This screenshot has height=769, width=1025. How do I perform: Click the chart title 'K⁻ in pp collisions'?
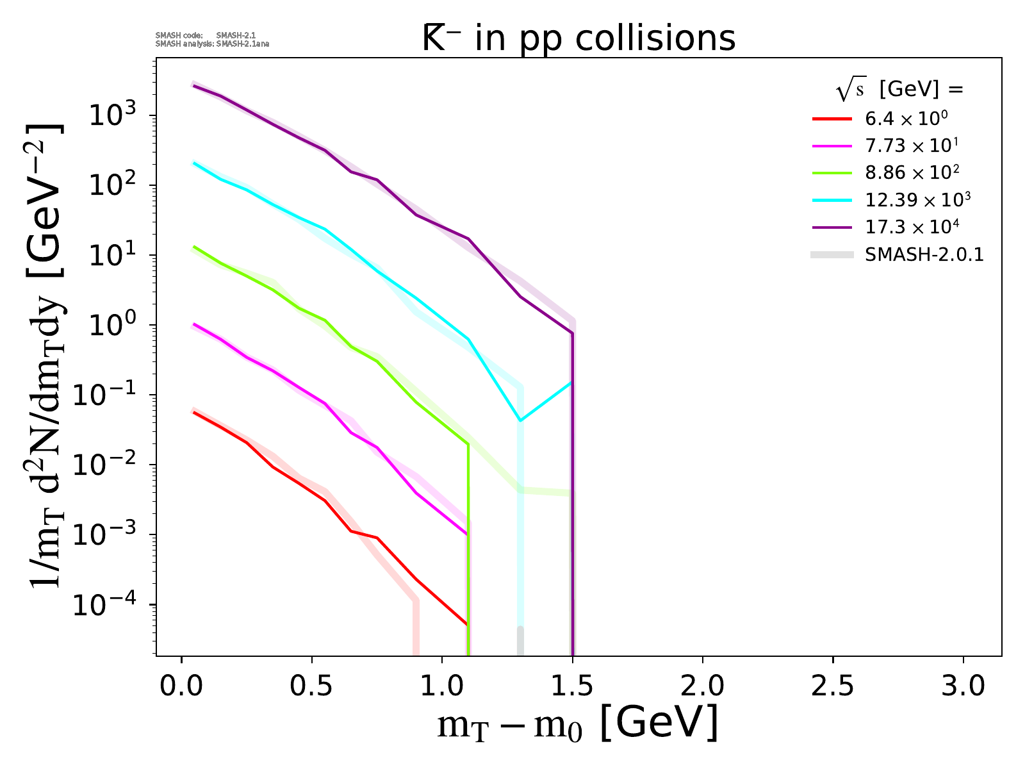coord(578,38)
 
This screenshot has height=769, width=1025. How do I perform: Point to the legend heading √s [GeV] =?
coord(899,90)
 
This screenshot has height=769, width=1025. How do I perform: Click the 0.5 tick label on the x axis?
coord(311,686)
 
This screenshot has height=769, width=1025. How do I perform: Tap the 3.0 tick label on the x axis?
coord(963,686)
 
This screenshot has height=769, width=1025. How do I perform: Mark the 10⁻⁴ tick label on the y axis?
coord(109,605)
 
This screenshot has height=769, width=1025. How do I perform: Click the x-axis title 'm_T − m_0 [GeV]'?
coord(577,725)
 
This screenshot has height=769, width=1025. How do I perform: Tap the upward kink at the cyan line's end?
coord(521,420)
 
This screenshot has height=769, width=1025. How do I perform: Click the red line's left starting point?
coord(194,412)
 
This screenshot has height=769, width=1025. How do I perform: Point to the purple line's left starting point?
coord(194,85)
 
